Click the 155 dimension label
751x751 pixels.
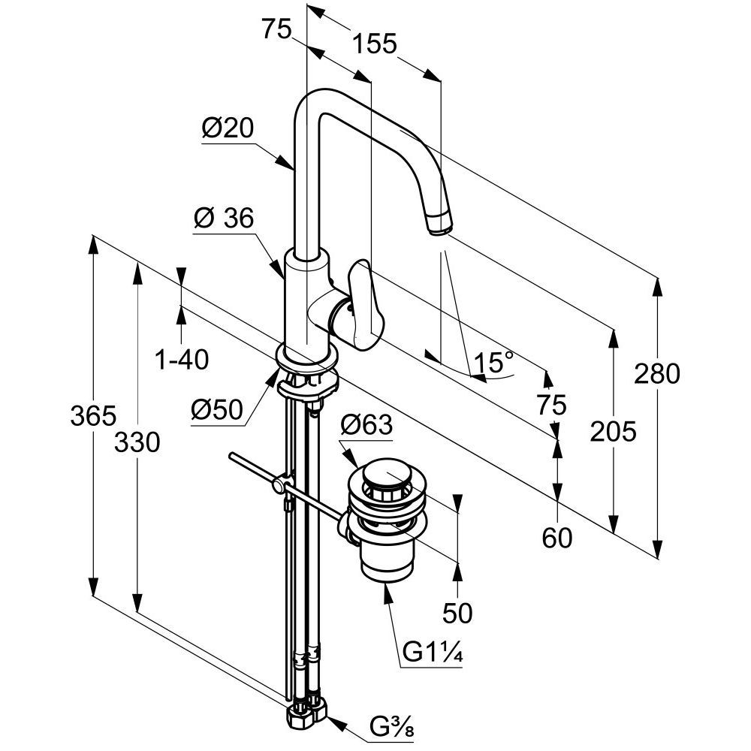click(x=375, y=44)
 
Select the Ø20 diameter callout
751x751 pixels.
click(x=228, y=128)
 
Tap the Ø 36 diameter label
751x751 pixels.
click(x=224, y=219)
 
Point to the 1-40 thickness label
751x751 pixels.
click(x=182, y=359)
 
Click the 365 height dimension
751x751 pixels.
click(x=93, y=415)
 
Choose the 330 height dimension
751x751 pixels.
click(x=137, y=442)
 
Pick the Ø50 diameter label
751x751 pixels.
click(x=217, y=409)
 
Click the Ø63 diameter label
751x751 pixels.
click(x=366, y=424)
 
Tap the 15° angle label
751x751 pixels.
click(x=493, y=362)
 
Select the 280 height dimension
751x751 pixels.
click(x=657, y=373)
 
